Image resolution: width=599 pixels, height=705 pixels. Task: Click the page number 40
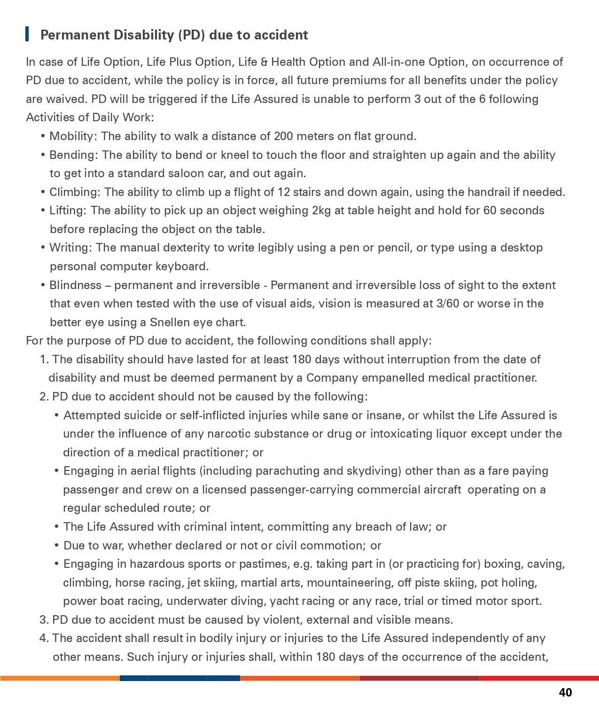click(x=565, y=692)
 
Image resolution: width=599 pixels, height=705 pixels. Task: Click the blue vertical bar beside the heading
click(x=27, y=34)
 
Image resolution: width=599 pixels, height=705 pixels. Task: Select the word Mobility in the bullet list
click(x=73, y=136)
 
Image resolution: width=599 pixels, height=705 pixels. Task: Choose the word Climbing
click(x=74, y=192)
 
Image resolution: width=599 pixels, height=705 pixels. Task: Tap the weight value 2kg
click(x=321, y=211)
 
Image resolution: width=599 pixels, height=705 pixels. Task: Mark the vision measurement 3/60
click(x=447, y=304)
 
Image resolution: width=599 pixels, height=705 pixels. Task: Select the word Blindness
click(x=75, y=285)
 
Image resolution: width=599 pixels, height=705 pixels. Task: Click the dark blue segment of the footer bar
click(x=179, y=678)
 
